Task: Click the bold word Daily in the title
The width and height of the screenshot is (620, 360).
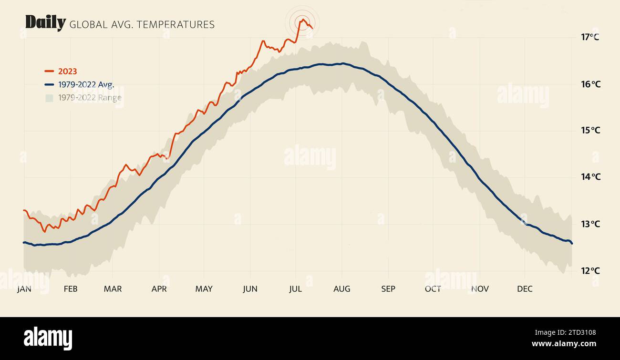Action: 45,23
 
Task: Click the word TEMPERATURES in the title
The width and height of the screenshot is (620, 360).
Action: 176,25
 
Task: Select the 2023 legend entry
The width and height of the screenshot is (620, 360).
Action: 67,72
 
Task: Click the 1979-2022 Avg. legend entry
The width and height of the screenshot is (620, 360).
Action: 86,84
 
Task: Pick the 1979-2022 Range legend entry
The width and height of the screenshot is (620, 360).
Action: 89,98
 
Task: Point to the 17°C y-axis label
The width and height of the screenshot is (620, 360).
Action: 590,37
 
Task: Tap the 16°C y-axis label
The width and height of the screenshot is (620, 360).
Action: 590,84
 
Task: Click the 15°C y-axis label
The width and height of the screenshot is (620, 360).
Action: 590,130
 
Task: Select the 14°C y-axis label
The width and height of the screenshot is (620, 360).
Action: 590,177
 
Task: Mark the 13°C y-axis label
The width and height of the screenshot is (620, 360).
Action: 590,224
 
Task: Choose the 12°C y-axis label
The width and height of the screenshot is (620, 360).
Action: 590,271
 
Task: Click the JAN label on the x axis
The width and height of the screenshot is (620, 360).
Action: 24,289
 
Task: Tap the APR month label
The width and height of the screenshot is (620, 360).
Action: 159,289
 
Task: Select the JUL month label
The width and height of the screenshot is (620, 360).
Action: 295,289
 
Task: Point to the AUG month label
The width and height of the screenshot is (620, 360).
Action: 341,289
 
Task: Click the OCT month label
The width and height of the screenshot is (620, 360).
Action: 433,289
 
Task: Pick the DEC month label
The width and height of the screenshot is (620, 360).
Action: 525,289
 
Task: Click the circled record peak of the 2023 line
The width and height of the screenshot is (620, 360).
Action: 302,21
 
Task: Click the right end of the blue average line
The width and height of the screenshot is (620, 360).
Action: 571,243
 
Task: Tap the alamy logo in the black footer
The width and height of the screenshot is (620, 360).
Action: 48,338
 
